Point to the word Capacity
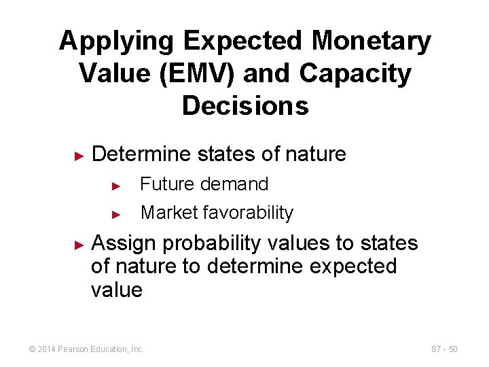click(363, 74)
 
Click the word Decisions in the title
click(245, 106)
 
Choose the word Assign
click(122, 243)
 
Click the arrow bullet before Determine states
click(78, 156)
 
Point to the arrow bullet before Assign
click(78, 244)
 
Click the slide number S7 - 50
click(445, 349)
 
